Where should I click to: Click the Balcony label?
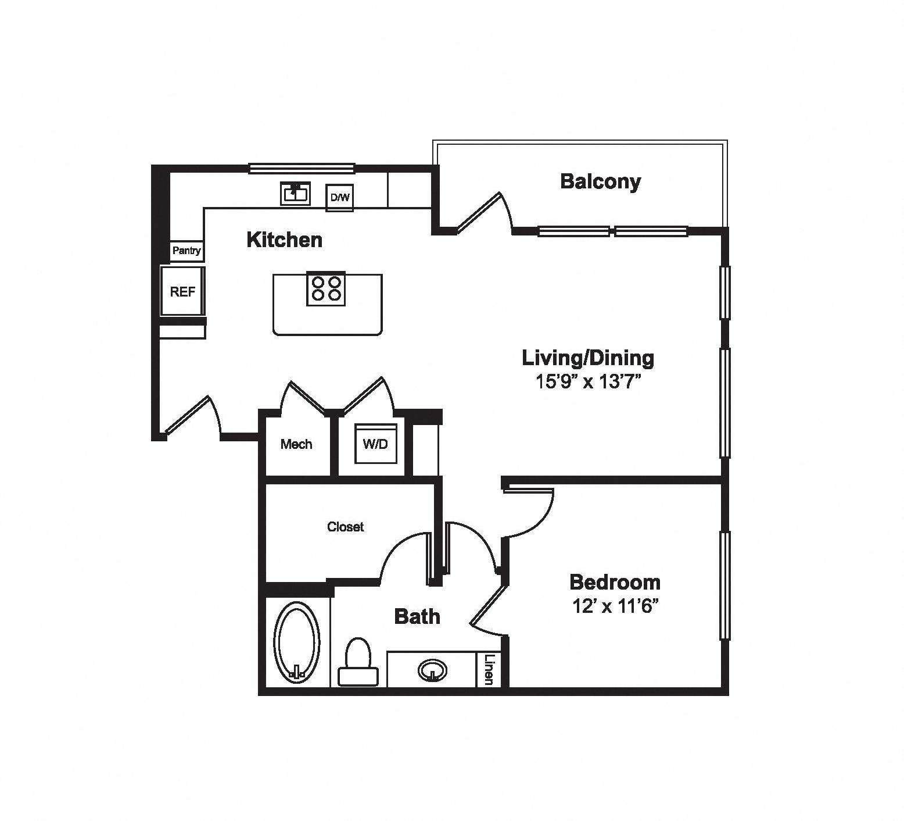[x=600, y=181]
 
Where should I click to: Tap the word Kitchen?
[x=284, y=240]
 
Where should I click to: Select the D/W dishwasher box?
[x=340, y=198]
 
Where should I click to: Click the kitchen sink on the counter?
[x=296, y=193]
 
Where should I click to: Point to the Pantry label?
[x=186, y=251]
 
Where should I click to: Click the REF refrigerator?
[x=182, y=291]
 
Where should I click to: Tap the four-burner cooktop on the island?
[x=326, y=288]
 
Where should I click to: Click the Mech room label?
[x=296, y=444]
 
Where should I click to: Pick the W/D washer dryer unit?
[x=375, y=444]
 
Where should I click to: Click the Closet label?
[x=346, y=527]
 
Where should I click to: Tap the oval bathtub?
[x=297, y=642]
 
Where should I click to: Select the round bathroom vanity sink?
[x=432, y=670]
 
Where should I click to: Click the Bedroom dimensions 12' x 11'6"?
[x=615, y=606]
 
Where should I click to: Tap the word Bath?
[x=417, y=616]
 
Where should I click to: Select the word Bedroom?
[x=615, y=582]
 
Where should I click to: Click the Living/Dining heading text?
[x=588, y=358]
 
